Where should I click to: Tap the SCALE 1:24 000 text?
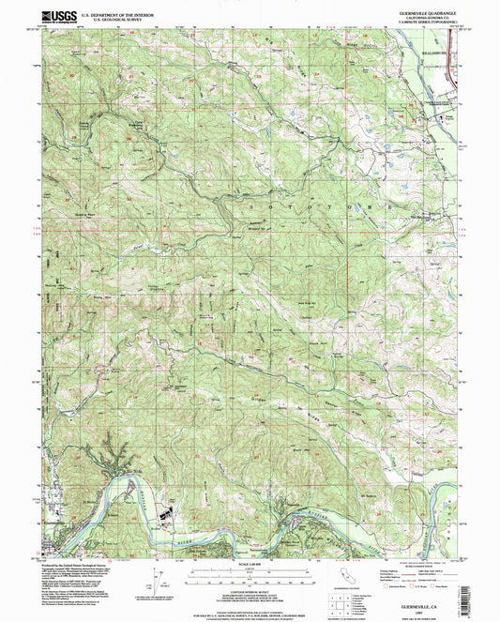[249, 562]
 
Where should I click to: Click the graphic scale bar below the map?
[249, 572]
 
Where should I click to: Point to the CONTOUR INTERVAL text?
[249, 593]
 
